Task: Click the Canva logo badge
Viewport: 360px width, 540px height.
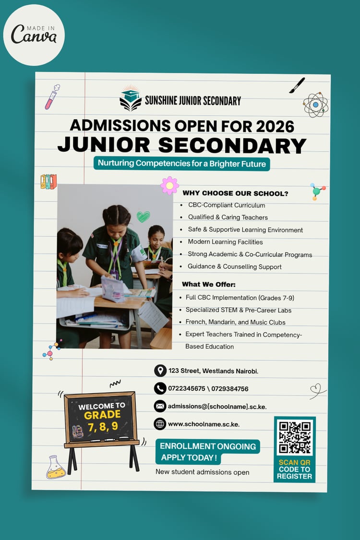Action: click(34, 35)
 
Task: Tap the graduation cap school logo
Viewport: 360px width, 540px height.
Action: click(131, 99)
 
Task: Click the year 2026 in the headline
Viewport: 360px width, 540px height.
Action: click(275, 125)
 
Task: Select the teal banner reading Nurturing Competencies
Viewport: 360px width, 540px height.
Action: click(182, 163)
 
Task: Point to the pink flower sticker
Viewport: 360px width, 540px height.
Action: click(169, 185)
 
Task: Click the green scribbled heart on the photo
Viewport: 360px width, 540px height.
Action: click(143, 216)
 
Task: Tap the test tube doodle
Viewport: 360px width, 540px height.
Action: click(52, 97)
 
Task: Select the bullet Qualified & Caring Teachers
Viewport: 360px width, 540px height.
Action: click(228, 217)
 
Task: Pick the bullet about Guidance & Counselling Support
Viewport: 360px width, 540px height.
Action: click(235, 266)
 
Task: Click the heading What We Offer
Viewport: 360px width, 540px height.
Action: click(209, 284)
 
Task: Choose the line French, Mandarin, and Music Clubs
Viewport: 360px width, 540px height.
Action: click(236, 322)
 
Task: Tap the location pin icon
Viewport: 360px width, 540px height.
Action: click(160, 371)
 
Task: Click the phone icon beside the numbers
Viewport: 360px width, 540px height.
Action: click(160, 388)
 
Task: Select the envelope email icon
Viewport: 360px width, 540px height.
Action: click(160, 406)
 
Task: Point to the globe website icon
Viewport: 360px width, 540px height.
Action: click(160, 424)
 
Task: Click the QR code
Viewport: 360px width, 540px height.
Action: click(295, 437)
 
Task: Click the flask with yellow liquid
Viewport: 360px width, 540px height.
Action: click(56, 468)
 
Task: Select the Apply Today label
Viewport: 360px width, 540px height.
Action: click(189, 458)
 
